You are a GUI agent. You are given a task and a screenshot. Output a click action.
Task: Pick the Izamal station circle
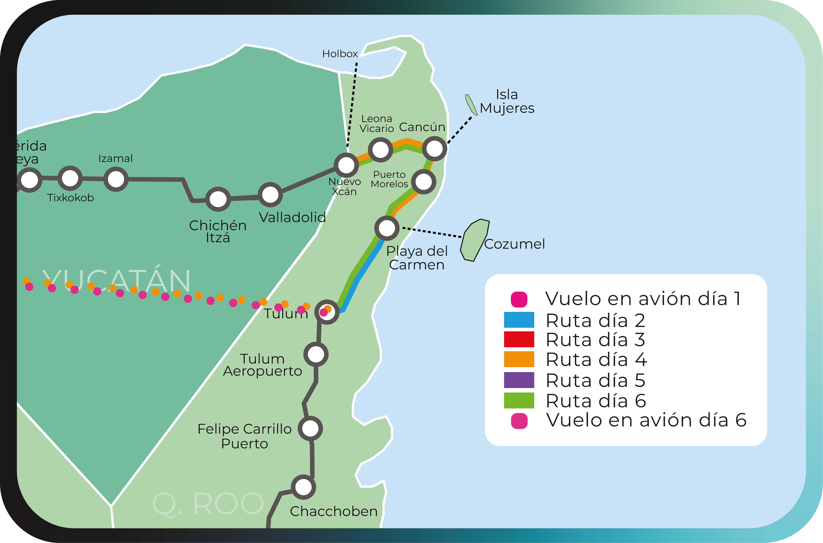coord(116,179)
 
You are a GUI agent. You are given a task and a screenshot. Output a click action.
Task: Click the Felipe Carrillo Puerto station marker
coord(310,428)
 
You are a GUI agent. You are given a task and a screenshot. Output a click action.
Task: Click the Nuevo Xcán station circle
coord(346,165)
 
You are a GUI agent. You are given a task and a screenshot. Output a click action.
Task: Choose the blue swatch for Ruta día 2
coord(519,320)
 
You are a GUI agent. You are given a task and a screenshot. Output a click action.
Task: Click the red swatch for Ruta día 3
coord(519,339)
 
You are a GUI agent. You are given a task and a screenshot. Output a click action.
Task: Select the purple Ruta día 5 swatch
coord(519,380)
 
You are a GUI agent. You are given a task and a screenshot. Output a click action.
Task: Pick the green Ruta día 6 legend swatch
coord(519,400)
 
